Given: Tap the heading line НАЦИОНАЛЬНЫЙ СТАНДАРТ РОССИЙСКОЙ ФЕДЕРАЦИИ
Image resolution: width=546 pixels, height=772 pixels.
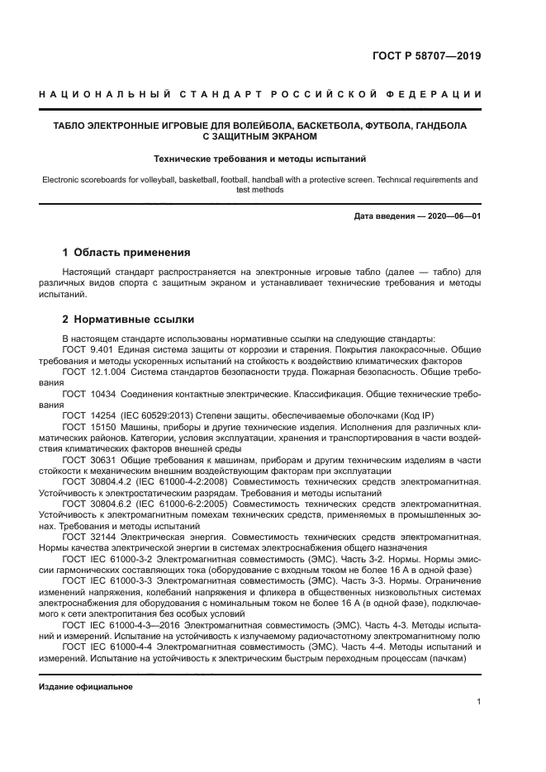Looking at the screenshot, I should pyautogui.click(x=260, y=96).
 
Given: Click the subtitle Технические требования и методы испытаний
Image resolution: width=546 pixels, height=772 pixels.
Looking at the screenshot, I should pyautogui.click(x=260, y=158).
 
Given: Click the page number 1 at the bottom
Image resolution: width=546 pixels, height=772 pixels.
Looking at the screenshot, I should pyautogui.click(x=478, y=702).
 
